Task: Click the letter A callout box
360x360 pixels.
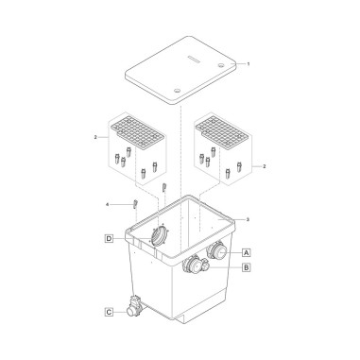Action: [x=247, y=252]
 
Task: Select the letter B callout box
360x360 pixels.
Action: [x=247, y=267]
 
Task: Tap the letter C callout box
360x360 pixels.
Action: [x=109, y=312]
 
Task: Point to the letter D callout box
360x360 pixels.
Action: [x=109, y=239]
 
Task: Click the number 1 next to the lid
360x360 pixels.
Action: [x=249, y=64]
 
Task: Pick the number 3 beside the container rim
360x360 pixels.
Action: [x=248, y=219]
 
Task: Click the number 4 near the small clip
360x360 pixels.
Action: [x=107, y=205]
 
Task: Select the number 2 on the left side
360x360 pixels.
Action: [x=95, y=137]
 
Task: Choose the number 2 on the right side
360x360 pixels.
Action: [x=264, y=166]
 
